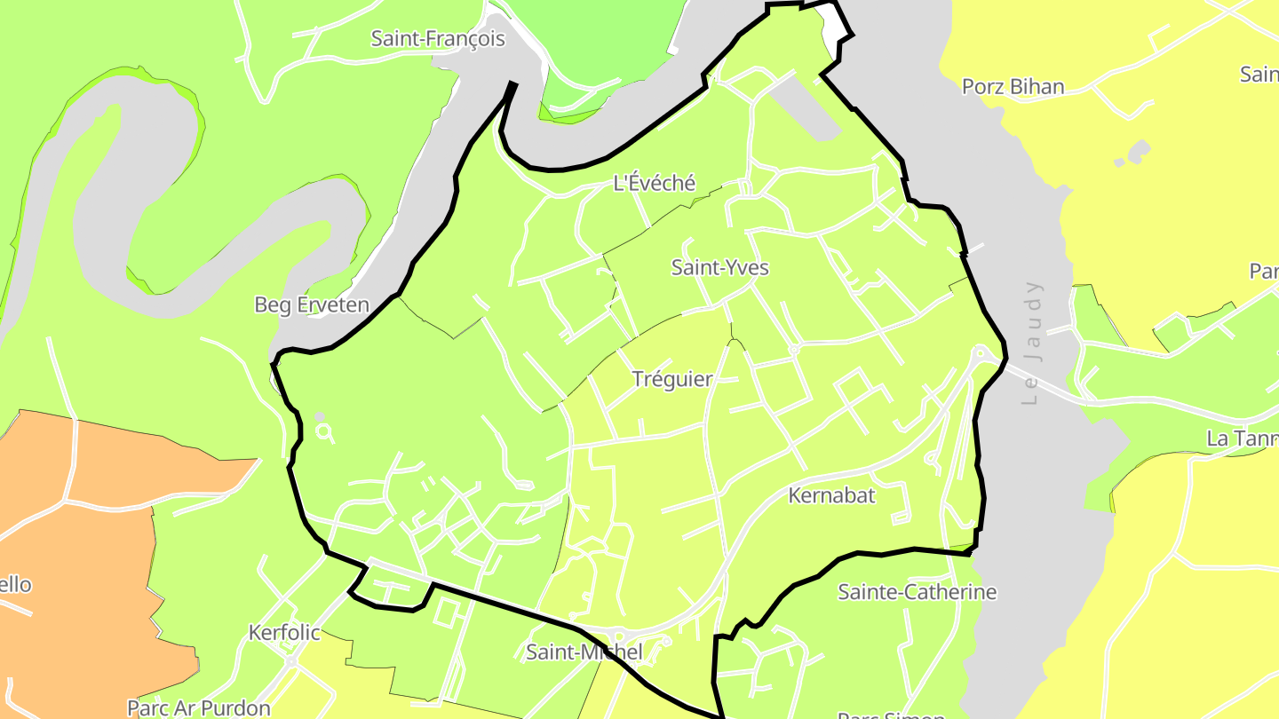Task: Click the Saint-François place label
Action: point(438,39)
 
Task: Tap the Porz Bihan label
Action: point(1013,87)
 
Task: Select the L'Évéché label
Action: point(655,184)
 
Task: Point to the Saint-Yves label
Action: point(719,267)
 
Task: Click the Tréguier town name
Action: point(672,380)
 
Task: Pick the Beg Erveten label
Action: point(311,305)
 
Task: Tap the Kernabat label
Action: point(831,495)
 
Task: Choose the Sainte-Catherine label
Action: point(918,592)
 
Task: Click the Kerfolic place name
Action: point(284,633)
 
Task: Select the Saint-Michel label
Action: point(584,652)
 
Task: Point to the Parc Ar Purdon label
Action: point(198,708)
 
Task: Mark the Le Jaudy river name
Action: point(1031,343)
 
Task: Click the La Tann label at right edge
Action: point(1242,439)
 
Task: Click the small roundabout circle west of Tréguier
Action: point(325,432)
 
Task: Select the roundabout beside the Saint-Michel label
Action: point(617,636)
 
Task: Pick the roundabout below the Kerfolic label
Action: point(290,661)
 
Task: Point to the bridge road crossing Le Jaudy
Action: point(1039,383)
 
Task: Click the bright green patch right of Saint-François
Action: point(604,44)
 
